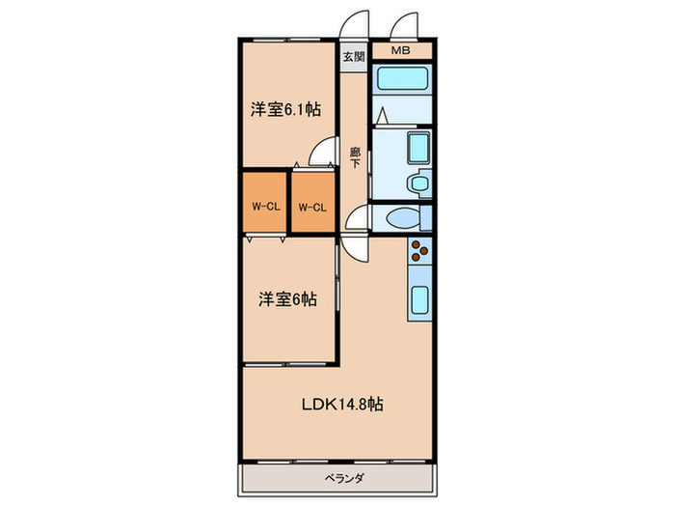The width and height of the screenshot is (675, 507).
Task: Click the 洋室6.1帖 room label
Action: click(285, 110)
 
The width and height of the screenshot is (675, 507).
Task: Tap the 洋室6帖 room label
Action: click(286, 299)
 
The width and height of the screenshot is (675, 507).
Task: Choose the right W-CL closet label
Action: click(311, 206)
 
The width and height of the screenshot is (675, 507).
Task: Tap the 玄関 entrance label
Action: click(353, 55)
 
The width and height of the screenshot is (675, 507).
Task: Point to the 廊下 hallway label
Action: click(355, 157)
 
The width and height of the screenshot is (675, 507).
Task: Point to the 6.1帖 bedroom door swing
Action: click(324, 155)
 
